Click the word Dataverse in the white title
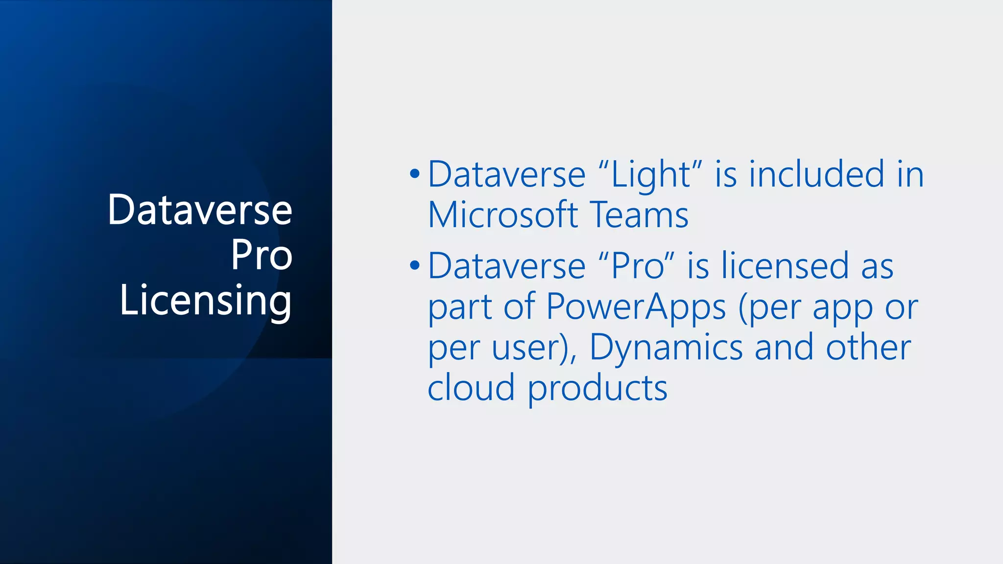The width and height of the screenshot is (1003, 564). point(200,210)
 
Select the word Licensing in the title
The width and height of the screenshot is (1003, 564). point(206,300)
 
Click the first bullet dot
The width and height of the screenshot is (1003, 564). point(415,174)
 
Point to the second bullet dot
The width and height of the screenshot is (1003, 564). point(415,266)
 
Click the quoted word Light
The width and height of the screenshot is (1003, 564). point(651,175)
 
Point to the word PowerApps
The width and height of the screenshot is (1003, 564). point(636,307)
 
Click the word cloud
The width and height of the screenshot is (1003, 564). point(471,388)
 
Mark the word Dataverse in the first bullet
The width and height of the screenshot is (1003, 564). point(506,175)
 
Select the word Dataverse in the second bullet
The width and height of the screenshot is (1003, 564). point(506,266)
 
